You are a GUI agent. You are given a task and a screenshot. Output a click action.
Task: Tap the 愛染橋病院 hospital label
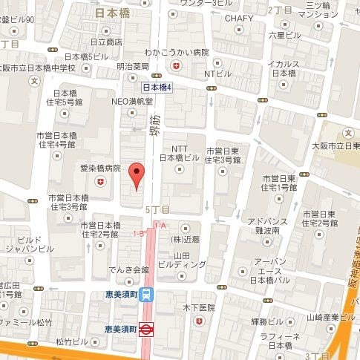(x=100, y=168)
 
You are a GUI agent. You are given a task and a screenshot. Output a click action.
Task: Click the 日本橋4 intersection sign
(x=157, y=88)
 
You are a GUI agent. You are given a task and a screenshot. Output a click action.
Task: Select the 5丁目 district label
(x=157, y=210)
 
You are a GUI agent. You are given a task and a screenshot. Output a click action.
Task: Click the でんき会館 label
(x=129, y=269)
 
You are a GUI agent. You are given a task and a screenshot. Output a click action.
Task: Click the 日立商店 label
(x=104, y=42)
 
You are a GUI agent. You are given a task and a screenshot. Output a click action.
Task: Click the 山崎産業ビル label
(x=327, y=317)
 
